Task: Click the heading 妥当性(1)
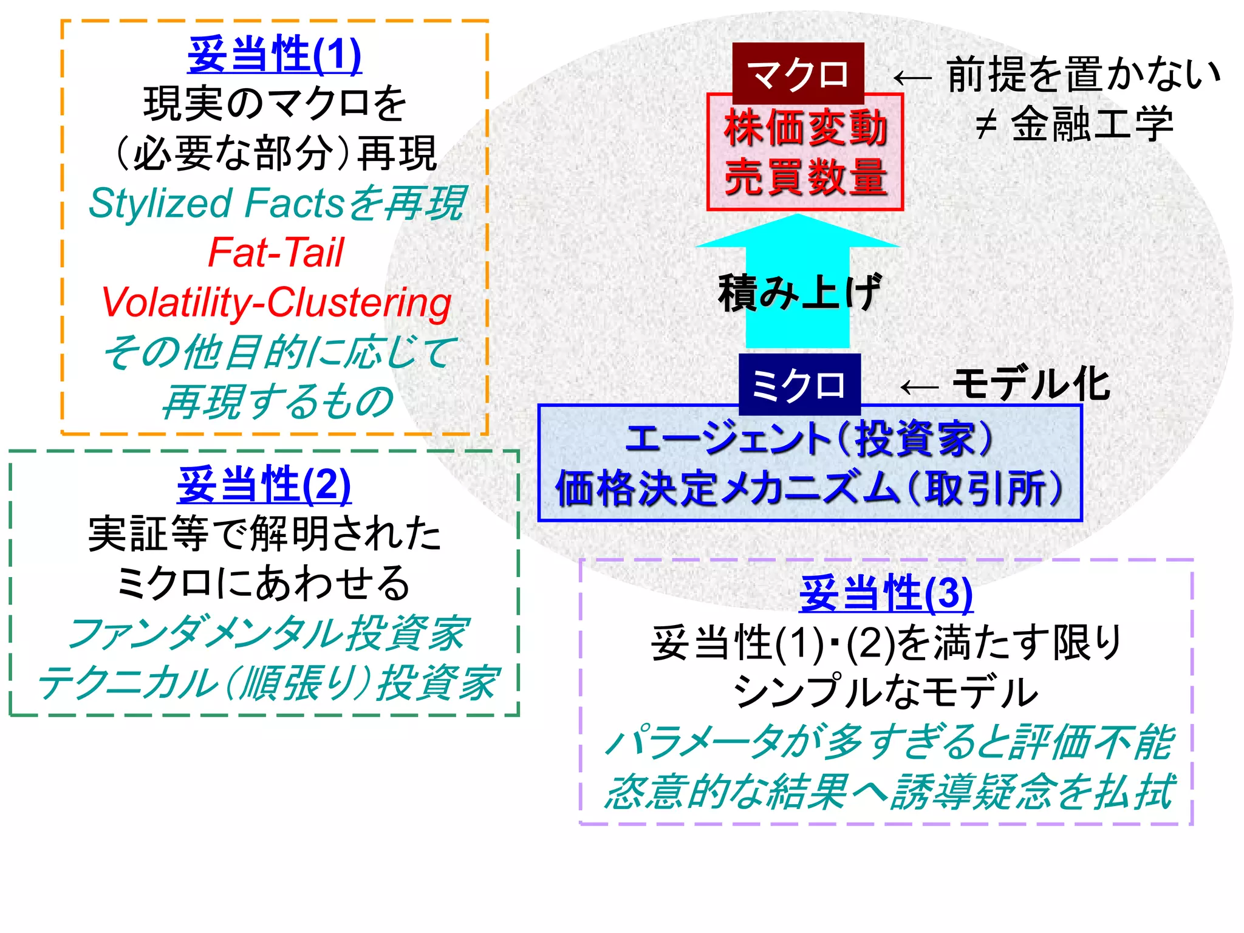click(x=275, y=55)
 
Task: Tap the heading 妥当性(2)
click(x=264, y=485)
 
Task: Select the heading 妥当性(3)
click(x=886, y=593)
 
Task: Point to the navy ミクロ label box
click(x=799, y=384)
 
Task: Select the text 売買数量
click(x=805, y=177)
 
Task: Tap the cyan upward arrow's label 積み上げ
click(x=799, y=293)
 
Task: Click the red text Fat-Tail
click(x=276, y=253)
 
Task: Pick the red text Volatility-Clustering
click(x=276, y=302)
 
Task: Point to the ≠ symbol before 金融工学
click(x=985, y=125)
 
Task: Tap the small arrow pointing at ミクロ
click(x=918, y=387)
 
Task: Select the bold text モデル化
click(x=1031, y=384)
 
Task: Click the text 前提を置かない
click(x=1084, y=75)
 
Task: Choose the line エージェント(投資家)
click(x=809, y=439)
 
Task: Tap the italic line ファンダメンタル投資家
click(x=267, y=634)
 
